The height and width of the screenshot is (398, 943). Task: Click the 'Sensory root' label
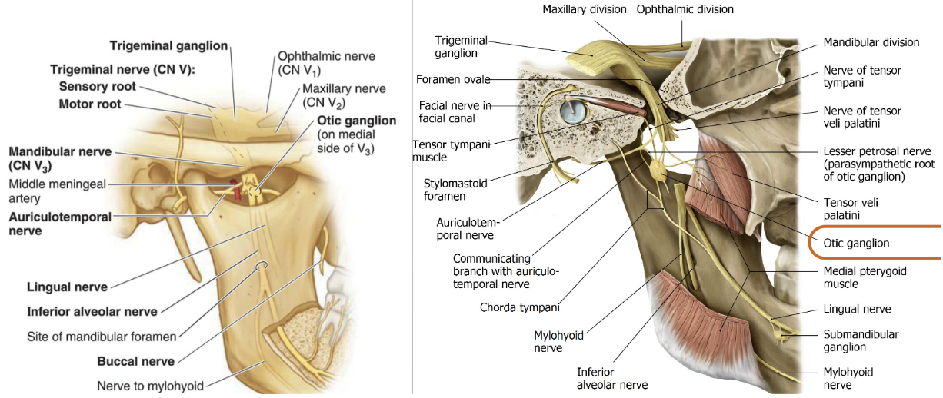tap(97, 86)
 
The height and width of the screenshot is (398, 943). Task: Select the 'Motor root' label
tap(90, 104)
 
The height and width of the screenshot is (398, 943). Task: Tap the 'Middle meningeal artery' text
tap(57, 192)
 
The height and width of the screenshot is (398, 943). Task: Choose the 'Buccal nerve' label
tap(135, 360)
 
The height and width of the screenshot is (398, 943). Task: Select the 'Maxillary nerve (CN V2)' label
tap(333, 95)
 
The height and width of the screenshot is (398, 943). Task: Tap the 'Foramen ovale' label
tap(452, 79)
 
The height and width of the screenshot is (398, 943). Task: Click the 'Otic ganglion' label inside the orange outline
tap(856, 243)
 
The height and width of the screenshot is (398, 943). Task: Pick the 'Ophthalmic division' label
tap(685, 9)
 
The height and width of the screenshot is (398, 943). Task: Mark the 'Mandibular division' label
tap(871, 42)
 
